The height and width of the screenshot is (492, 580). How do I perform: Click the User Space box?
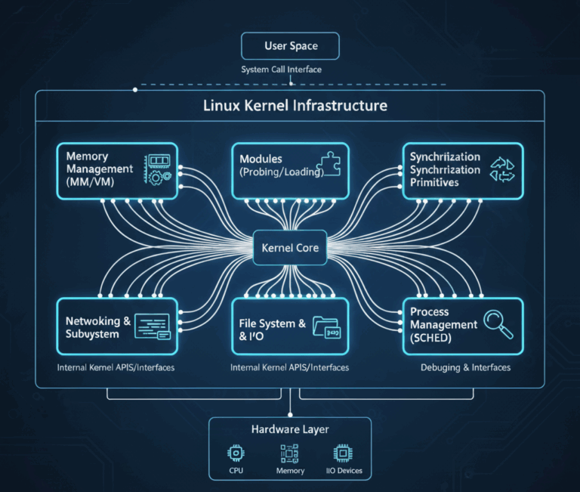pyautogui.click(x=290, y=46)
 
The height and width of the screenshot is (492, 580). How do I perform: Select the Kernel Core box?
pyautogui.click(x=290, y=248)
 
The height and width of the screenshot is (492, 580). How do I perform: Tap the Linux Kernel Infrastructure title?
pyautogui.click(x=295, y=106)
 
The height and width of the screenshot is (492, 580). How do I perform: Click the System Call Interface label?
pyautogui.click(x=281, y=70)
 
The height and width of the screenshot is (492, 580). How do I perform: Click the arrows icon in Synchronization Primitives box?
pyautogui.click(x=501, y=169)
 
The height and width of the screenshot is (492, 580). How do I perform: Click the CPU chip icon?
pyautogui.click(x=235, y=453)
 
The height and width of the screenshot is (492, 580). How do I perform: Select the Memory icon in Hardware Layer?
pyautogui.click(x=289, y=453)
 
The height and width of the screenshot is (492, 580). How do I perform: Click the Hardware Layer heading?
pyautogui.click(x=289, y=429)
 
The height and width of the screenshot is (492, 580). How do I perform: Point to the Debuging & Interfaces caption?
pyautogui.click(x=464, y=367)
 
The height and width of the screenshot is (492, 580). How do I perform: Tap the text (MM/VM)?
pyautogui.click(x=90, y=182)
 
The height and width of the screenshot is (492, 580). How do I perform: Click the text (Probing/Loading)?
pyautogui.click(x=281, y=172)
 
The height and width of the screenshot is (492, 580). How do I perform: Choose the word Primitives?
pyautogui.click(x=434, y=182)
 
